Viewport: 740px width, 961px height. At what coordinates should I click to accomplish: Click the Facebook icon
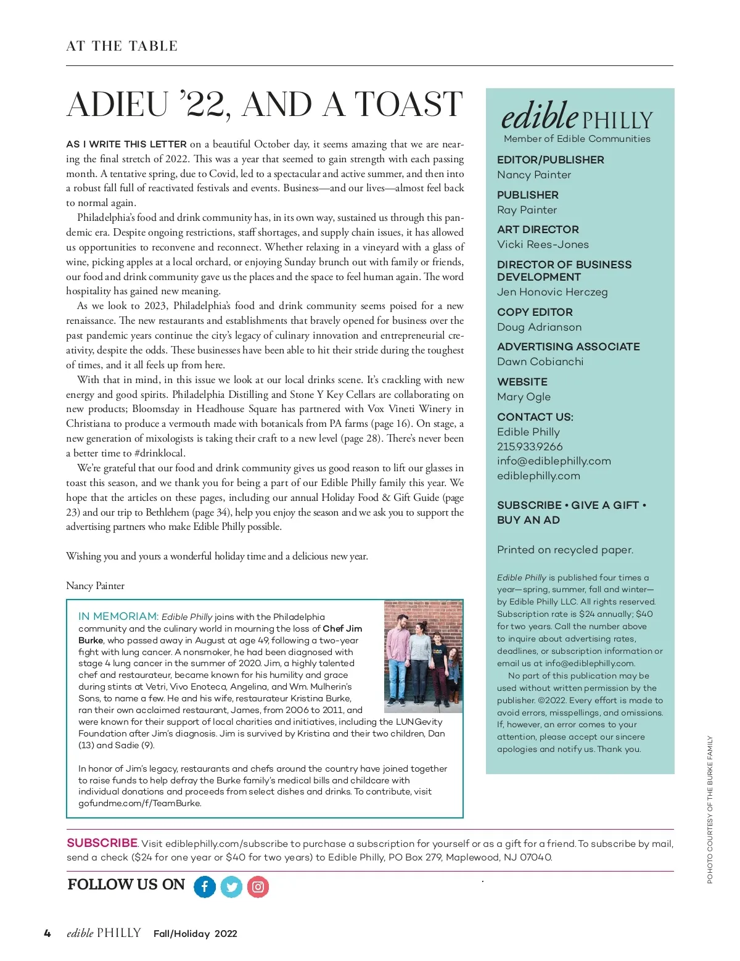[205, 887]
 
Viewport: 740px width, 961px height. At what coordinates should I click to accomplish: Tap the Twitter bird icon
[232, 887]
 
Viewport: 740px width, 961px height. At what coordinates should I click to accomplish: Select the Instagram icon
[258, 887]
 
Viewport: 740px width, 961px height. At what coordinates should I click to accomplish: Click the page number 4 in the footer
[47, 933]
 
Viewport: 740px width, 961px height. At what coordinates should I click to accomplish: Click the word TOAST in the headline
[408, 104]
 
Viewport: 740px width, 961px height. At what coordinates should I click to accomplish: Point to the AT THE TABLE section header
[122, 46]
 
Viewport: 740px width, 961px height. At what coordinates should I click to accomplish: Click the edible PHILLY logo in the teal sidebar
[577, 117]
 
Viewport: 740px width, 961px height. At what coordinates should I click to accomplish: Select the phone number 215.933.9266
[530, 447]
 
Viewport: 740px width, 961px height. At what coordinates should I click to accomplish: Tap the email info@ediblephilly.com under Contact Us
[554, 461]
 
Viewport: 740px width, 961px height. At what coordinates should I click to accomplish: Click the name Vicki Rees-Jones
[543, 244]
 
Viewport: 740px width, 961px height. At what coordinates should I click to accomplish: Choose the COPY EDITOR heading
[535, 312]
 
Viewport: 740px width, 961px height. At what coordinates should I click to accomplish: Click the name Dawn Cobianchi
[540, 361]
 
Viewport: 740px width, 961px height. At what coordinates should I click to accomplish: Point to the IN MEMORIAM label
[118, 616]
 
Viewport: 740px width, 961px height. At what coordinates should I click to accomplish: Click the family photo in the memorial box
[423, 656]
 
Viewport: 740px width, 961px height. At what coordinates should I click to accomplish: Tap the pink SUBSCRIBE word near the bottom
[102, 843]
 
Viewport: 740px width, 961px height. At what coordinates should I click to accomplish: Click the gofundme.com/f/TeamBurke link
[140, 803]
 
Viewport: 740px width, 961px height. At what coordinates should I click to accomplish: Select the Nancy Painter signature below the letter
[96, 586]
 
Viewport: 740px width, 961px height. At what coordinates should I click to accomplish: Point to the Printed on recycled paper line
[565, 550]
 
